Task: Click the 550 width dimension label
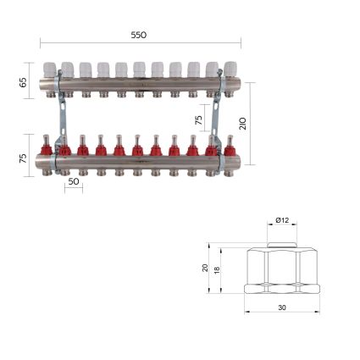tap(139, 35)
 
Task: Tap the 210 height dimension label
tap(243, 124)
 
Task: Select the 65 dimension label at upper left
tap(23, 82)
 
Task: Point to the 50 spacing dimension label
tap(74, 181)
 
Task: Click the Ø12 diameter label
tap(282, 220)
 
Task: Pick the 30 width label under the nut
tap(282, 307)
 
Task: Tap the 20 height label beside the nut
tap(205, 268)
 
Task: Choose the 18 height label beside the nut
tap(217, 270)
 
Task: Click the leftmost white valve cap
tap(49, 69)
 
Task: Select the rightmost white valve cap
tap(230, 69)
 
